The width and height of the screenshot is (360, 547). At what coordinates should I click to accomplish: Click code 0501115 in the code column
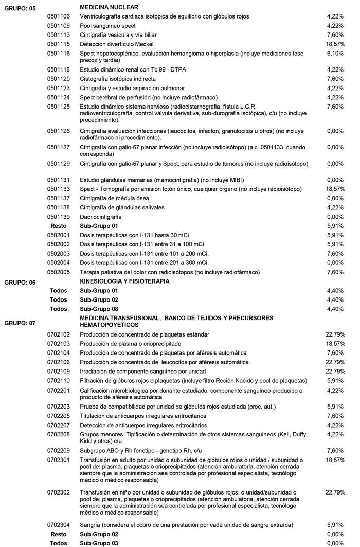(59, 44)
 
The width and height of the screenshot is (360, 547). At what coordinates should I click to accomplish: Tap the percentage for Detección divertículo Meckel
(335, 44)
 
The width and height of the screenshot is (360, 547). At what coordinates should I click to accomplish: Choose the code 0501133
(59, 189)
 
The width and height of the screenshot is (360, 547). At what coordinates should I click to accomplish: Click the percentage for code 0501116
(335, 54)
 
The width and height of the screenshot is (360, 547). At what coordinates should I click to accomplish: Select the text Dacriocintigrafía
(101, 217)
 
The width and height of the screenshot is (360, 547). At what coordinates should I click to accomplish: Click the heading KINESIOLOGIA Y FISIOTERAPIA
(125, 281)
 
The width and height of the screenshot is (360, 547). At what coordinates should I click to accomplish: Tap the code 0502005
(59, 272)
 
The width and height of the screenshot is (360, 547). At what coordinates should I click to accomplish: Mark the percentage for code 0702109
(335, 371)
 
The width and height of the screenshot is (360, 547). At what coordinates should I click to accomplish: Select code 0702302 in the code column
(59, 492)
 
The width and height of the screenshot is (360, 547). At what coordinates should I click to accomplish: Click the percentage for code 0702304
(335, 525)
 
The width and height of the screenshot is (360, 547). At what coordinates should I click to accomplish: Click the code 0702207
(59, 425)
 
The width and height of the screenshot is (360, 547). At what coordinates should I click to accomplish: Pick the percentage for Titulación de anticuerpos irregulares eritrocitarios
(335, 416)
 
